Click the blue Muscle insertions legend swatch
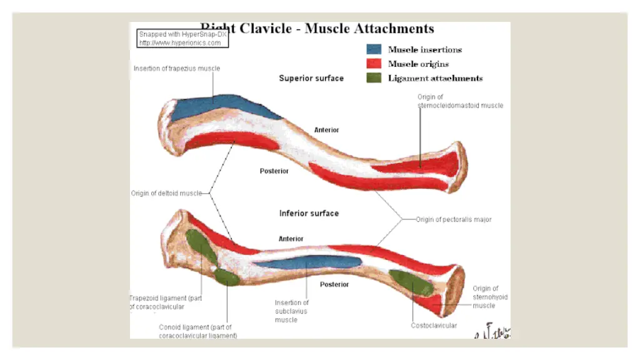(374, 49)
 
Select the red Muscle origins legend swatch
(374, 64)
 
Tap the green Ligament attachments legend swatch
(374, 78)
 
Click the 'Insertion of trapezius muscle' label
(177, 68)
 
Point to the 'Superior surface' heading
(311, 78)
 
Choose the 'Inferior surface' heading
(309, 213)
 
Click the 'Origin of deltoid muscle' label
(167, 193)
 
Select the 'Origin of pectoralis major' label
(454, 219)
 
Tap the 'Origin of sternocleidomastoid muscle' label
(460, 101)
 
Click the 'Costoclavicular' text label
(434, 326)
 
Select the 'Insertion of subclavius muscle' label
(291, 311)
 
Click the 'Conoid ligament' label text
(197, 331)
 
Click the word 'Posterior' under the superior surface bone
(274, 171)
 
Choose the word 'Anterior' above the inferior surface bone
(291, 239)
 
